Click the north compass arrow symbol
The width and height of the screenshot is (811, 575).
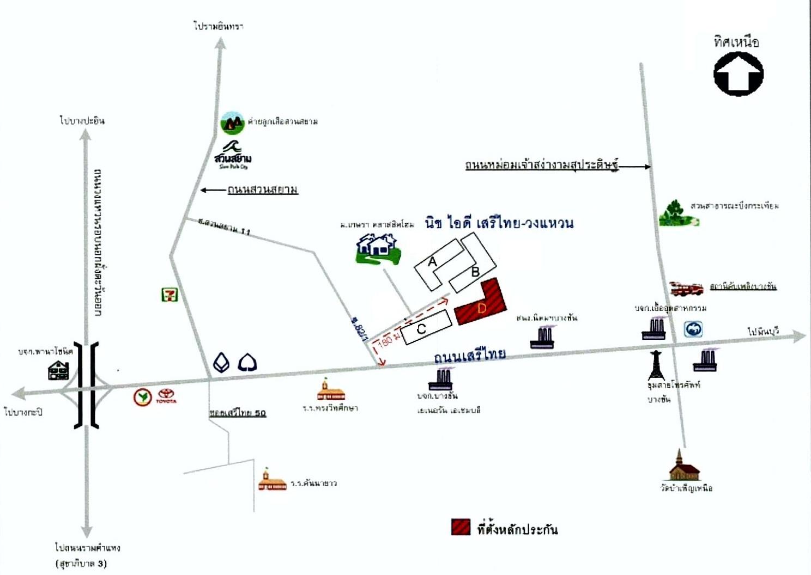[x=739, y=74]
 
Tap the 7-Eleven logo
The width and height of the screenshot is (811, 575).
[x=170, y=295]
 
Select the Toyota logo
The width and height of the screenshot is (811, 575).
[x=166, y=396]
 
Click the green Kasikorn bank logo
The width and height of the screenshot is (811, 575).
[x=143, y=397]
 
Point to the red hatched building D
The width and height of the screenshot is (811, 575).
[x=482, y=303]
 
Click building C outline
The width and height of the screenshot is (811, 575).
[x=427, y=327]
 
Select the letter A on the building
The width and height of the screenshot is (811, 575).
[x=433, y=262]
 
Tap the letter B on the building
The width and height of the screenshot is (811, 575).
[x=475, y=272]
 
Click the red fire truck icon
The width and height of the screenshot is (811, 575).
[x=686, y=288]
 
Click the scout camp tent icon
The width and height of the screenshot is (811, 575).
[x=232, y=123]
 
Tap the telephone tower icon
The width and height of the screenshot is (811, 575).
[x=657, y=365]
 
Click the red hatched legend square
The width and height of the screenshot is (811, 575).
[x=461, y=527]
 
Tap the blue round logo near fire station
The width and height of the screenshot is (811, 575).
[x=693, y=329]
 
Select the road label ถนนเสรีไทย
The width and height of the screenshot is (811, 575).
[x=469, y=356]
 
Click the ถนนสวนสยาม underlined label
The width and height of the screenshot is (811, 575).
[x=263, y=189]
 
